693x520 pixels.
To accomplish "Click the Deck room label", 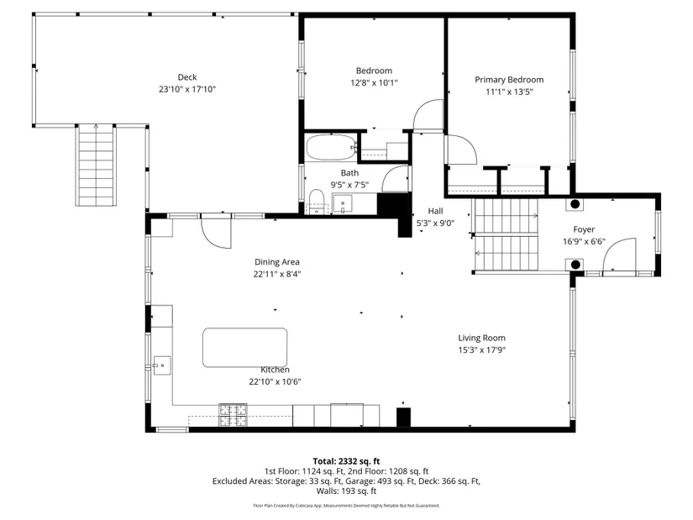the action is (x=187, y=77).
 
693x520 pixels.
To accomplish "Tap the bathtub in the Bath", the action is (x=331, y=148).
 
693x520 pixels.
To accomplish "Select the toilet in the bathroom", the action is (x=317, y=202).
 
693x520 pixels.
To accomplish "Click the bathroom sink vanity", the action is (x=343, y=204).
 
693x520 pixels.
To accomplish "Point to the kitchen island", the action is (x=244, y=348).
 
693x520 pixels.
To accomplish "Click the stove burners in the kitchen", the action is (x=233, y=415).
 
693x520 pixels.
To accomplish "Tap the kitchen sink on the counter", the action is (x=162, y=365).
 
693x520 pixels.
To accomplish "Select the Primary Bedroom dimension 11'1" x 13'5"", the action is (x=509, y=92).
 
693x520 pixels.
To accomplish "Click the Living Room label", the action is (x=482, y=338).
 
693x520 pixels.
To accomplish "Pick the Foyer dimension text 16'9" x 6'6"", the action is (x=584, y=242).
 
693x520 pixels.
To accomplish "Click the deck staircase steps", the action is (x=97, y=165).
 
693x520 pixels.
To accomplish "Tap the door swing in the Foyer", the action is (x=620, y=255).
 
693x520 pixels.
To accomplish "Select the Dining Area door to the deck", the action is (x=216, y=231).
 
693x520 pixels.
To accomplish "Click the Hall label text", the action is (x=435, y=212).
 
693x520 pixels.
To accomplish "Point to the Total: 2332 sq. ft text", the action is (x=346, y=462).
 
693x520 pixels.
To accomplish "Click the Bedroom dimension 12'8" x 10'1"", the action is (x=375, y=82).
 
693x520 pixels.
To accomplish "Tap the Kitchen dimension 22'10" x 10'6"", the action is (x=275, y=381).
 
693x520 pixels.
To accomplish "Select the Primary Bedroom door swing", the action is (x=461, y=150).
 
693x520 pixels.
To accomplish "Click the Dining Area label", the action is (x=277, y=262).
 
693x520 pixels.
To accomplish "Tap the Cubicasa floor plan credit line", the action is (x=346, y=506).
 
